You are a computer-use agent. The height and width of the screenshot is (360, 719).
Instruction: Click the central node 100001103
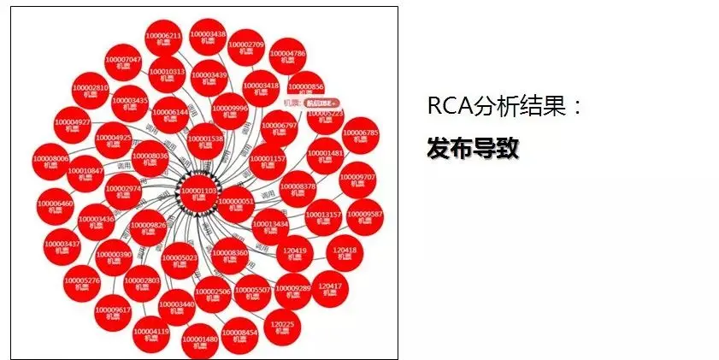click(197, 193)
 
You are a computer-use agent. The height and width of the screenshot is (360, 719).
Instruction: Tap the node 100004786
click(287, 57)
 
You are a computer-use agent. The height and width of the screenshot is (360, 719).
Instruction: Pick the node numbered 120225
click(282, 329)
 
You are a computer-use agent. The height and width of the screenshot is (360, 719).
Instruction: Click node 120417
click(330, 289)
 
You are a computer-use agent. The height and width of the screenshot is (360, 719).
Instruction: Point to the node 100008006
click(50, 162)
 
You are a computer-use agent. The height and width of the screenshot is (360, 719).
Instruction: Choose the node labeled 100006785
click(360, 137)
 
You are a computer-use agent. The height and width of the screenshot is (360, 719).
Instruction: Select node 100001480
click(200, 343)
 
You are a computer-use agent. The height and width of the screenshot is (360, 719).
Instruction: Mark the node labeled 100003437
click(61, 247)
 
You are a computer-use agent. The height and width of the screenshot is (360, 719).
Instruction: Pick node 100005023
click(180, 260)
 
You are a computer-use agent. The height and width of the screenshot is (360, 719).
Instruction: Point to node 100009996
click(229, 112)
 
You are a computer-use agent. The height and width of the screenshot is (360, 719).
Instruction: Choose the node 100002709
click(246, 48)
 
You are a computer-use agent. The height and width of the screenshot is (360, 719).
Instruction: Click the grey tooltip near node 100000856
click(321, 103)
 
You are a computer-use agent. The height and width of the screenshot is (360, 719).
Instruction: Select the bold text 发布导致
click(473, 147)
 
